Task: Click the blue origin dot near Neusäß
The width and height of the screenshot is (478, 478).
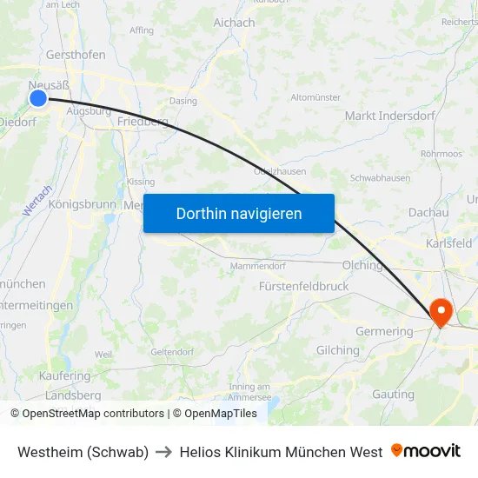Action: (38, 98)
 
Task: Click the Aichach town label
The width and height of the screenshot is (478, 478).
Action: (235, 23)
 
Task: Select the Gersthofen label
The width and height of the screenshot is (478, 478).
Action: (76, 55)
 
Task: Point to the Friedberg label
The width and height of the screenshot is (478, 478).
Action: (142, 122)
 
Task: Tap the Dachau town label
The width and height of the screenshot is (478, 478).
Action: (428, 212)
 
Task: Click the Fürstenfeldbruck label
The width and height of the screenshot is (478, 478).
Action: (304, 286)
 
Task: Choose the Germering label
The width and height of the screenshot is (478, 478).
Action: (384, 331)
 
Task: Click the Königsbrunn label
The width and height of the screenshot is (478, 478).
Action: (82, 205)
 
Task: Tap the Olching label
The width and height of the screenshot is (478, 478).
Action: (362, 265)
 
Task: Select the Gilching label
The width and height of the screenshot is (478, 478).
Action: (337, 350)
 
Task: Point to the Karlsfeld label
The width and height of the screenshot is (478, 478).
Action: (448, 243)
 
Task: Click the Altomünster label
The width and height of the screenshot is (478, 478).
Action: (315, 97)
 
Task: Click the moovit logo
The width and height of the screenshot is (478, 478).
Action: (426, 451)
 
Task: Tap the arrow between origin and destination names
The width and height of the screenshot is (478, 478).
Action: (164, 452)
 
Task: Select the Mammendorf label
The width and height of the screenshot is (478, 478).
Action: (257, 266)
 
